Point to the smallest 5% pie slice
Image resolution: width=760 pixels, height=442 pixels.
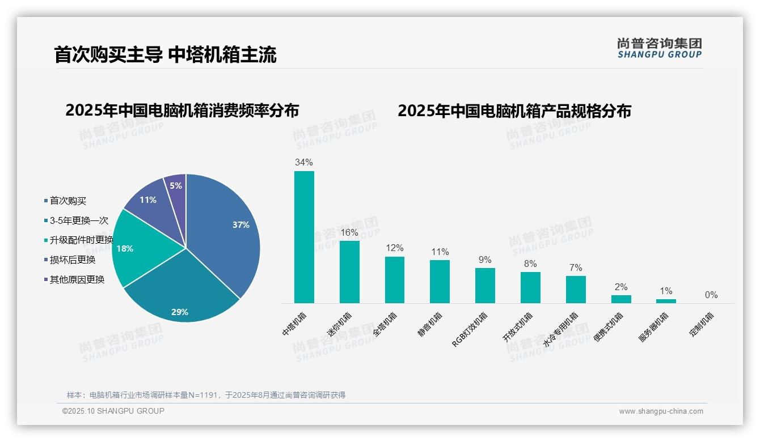pyautogui.click(x=176, y=186)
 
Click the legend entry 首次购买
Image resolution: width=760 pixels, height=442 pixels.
pyautogui.click(x=67, y=201)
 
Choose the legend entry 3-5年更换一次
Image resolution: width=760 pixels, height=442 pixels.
pyautogui.click(x=78, y=220)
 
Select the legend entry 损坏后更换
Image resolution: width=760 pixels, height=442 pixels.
pyautogui.click(x=72, y=260)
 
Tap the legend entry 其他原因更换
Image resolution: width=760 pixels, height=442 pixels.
pyautogui.click(x=77, y=279)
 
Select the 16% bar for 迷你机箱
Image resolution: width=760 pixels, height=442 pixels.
pyautogui.click(x=349, y=272)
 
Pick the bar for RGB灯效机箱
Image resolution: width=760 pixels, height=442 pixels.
pyautogui.click(x=485, y=286)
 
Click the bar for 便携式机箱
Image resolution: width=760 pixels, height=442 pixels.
pyautogui.click(x=621, y=299)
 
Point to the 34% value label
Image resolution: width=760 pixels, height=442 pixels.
pyautogui.click(x=303, y=163)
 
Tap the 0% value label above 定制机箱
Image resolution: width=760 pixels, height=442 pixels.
pyautogui.click(x=711, y=295)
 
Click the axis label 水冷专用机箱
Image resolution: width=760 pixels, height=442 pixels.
pyautogui.click(x=561, y=329)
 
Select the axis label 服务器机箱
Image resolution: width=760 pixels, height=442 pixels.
pyautogui.click(x=654, y=327)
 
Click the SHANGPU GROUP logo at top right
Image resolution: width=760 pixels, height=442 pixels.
pyautogui.click(x=659, y=48)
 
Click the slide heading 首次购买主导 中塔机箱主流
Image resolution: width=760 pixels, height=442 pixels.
pyautogui.click(x=165, y=55)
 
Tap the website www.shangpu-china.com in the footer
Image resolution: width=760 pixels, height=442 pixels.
pyautogui.click(x=661, y=411)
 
